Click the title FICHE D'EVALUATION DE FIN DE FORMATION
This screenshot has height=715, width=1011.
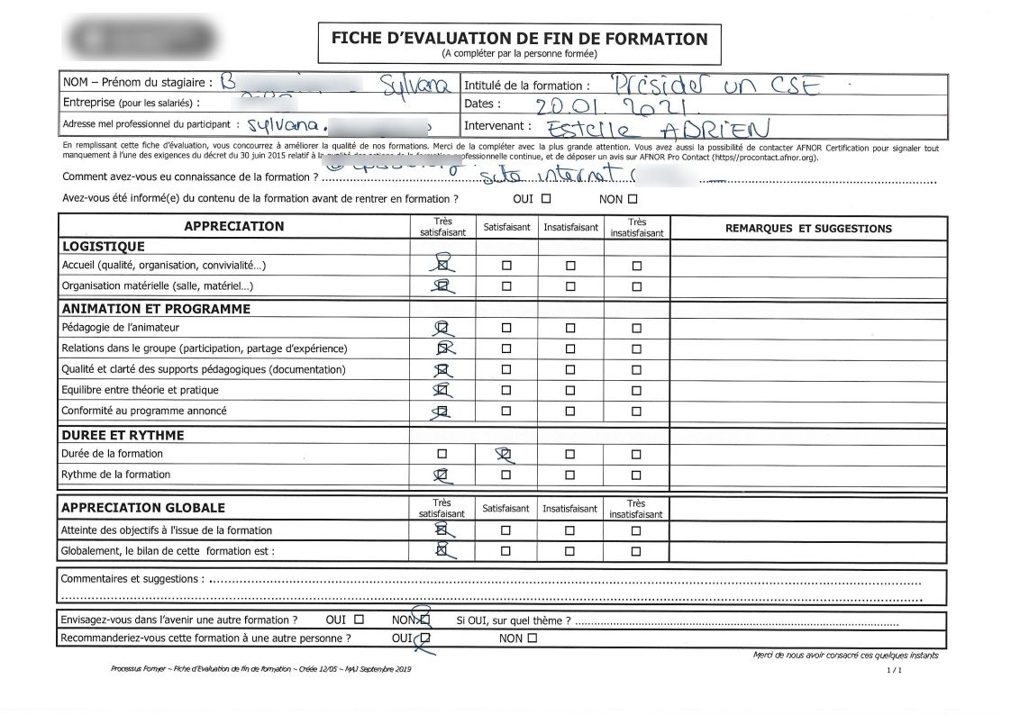[x=519, y=38]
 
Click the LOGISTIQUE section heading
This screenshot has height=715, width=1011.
[x=103, y=246]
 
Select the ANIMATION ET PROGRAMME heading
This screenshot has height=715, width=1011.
[x=155, y=308]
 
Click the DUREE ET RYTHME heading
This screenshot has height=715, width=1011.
[x=123, y=435]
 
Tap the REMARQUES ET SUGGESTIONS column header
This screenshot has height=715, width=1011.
[x=807, y=229]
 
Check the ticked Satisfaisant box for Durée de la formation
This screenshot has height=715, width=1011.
[x=505, y=454]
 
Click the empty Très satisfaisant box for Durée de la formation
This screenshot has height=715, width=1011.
[x=442, y=454]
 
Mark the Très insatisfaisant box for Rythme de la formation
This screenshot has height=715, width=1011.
[x=636, y=475]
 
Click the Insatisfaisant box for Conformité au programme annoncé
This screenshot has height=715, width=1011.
[x=569, y=412]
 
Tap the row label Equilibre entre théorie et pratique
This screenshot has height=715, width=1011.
[x=140, y=390]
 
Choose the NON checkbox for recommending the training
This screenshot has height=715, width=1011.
[x=532, y=638]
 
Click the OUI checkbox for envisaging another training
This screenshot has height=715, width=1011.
[x=360, y=620]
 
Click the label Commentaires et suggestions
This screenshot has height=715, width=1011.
[x=132, y=578]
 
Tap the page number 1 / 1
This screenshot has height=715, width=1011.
[x=894, y=670]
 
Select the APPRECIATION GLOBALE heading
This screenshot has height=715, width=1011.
[x=142, y=508]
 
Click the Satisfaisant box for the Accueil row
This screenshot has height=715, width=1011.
[x=505, y=266]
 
